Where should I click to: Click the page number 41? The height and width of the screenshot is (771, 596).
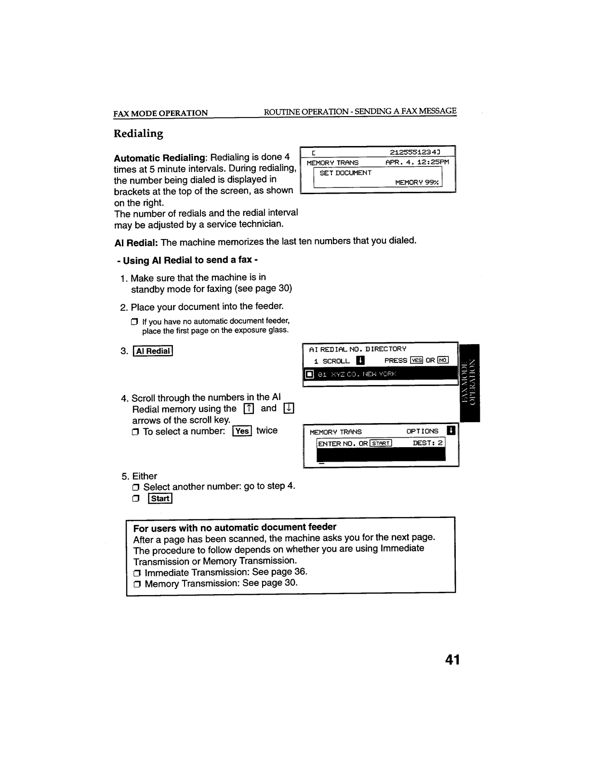(x=452, y=660)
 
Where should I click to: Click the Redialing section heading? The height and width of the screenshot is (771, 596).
(x=138, y=133)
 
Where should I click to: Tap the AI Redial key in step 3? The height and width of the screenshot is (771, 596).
(x=153, y=351)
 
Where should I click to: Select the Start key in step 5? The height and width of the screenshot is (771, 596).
(x=159, y=498)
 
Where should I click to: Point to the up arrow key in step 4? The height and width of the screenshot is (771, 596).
(x=249, y=409)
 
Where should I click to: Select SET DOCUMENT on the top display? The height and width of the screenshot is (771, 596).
(x=345, y=173)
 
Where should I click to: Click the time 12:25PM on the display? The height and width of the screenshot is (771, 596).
(x=433, y=162)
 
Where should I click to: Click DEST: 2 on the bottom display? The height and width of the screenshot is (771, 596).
(x=427, y=443)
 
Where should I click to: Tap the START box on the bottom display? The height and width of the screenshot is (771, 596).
(x=381, y=443)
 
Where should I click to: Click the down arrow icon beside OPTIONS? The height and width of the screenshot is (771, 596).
(x=450, y=431)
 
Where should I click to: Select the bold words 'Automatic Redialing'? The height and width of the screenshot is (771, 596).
(x=159, y=158)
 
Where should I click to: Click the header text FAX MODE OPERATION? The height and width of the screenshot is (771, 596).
(x=160, y=113)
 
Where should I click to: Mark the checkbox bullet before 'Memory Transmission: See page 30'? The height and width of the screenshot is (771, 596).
(x=137, y=585)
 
